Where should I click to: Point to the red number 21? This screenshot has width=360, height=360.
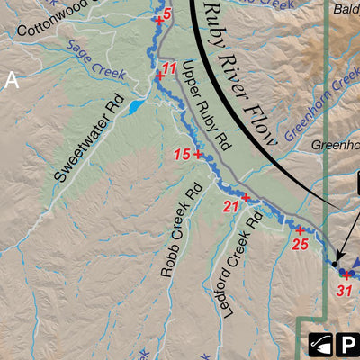231,207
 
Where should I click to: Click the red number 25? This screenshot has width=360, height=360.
301,244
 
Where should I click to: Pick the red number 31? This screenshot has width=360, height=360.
344,290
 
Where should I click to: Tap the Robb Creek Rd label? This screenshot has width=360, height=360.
179,231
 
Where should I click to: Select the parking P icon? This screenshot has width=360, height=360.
347,344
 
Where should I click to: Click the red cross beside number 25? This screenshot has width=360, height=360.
299,230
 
